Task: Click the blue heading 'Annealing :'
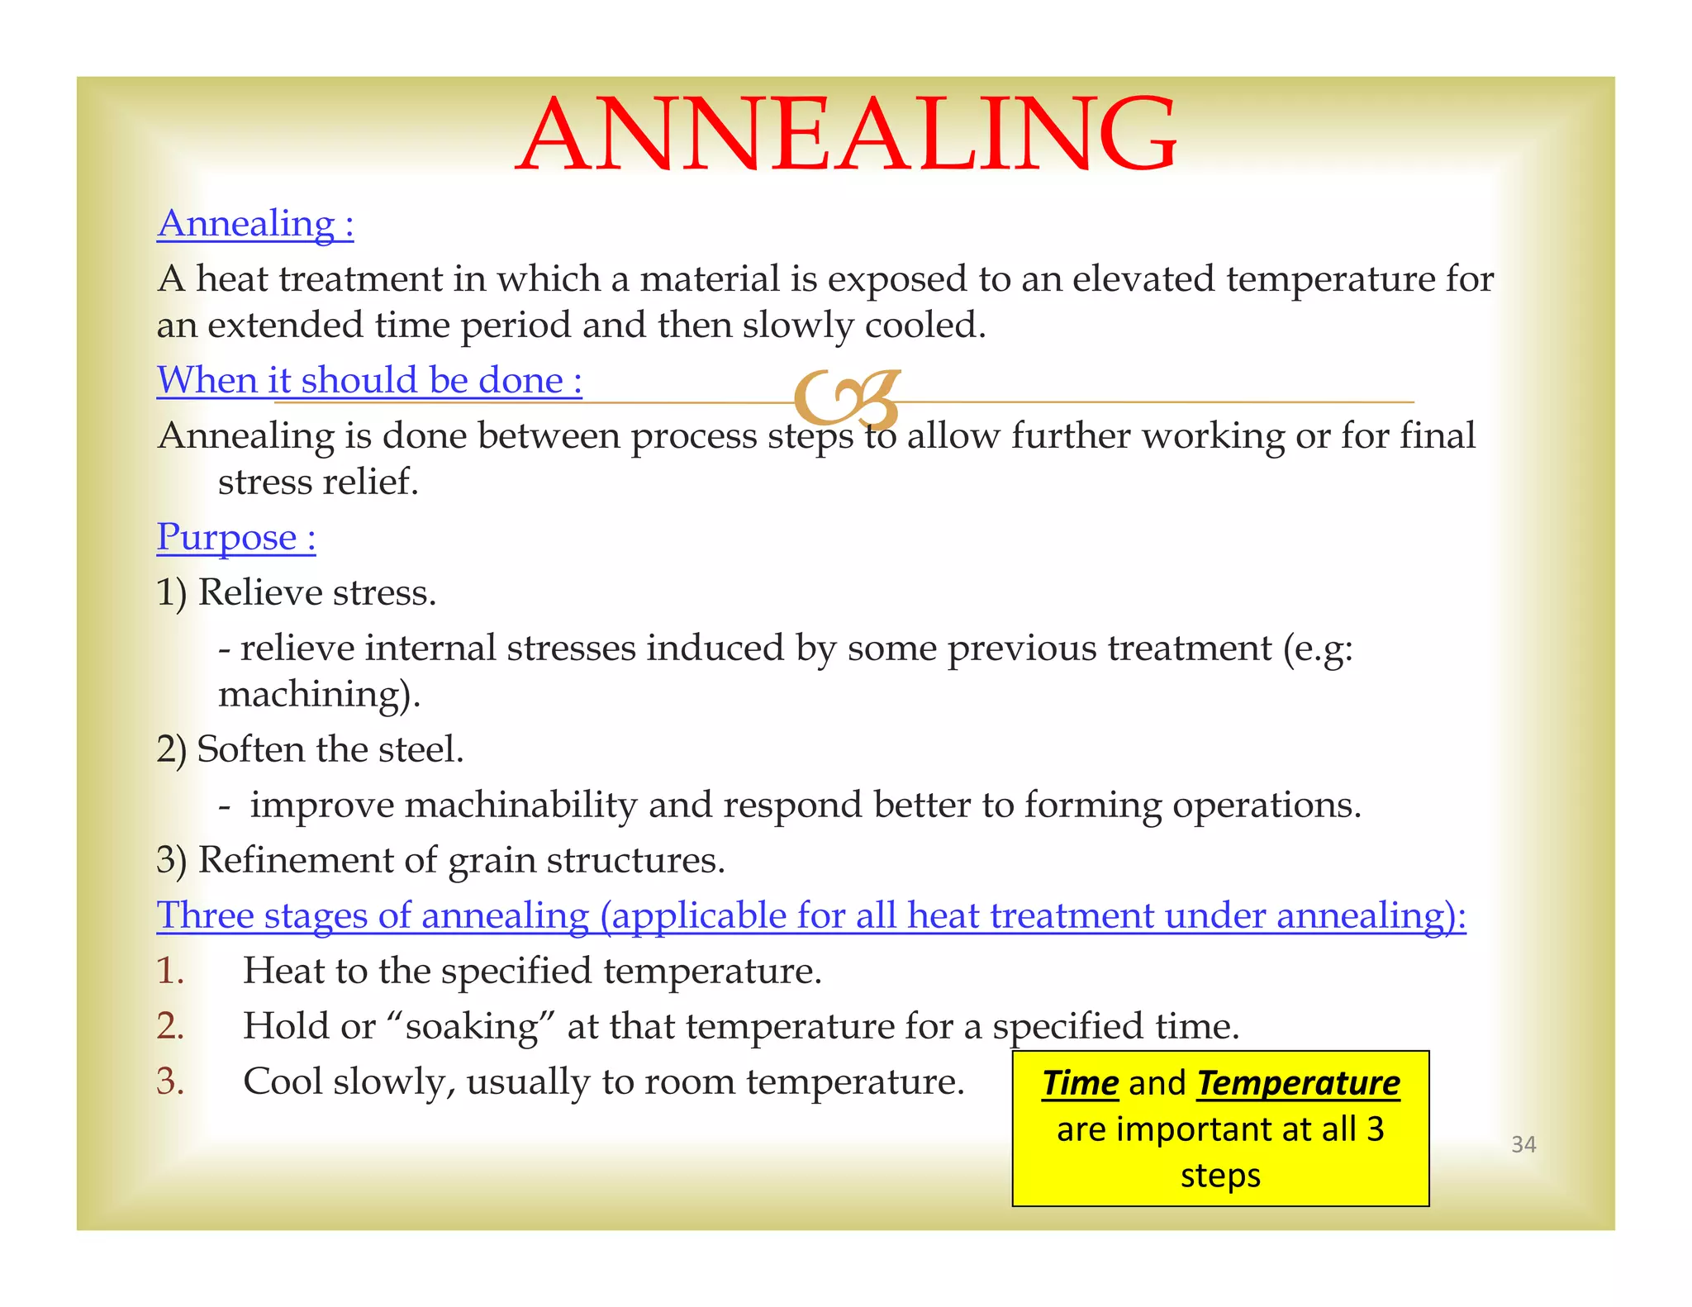tap(255, 223)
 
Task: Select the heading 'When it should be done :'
tap(369, 381)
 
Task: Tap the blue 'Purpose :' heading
tap(236, 537)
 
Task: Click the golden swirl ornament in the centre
tap(846, 399)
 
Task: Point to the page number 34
tap(1523, 1144)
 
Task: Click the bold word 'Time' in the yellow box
tap(1080, 1083)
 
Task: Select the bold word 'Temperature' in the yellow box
tap(1298, 1083)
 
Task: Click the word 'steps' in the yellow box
tap(1220, 1176)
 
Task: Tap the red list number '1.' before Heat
tap(170, 971)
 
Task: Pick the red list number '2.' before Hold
tap(170, 1026)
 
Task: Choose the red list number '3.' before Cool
tap(170, 1081)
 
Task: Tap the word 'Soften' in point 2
tap(251, 749)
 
